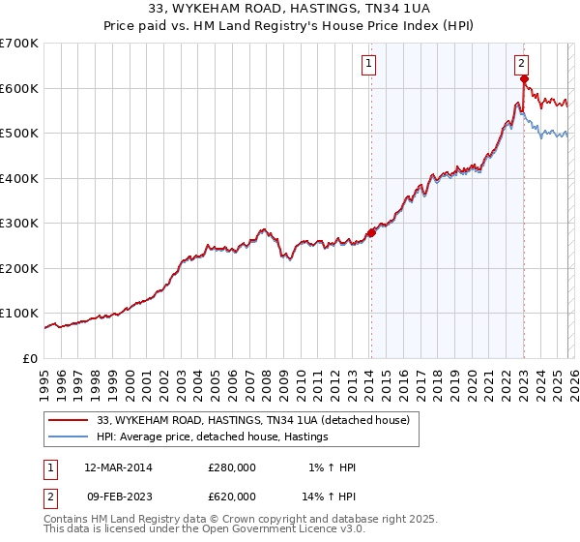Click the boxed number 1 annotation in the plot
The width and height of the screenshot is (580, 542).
[x=369, y=65]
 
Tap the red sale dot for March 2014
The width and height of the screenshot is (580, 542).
[x=371, y=232]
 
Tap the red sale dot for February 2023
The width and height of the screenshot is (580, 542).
[x=523, y=80]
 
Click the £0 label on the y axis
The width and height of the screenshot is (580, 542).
[x=31, y=358]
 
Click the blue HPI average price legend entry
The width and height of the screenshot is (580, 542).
[x=213, y=437]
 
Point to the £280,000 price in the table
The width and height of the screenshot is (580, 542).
[x=232, y=467]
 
